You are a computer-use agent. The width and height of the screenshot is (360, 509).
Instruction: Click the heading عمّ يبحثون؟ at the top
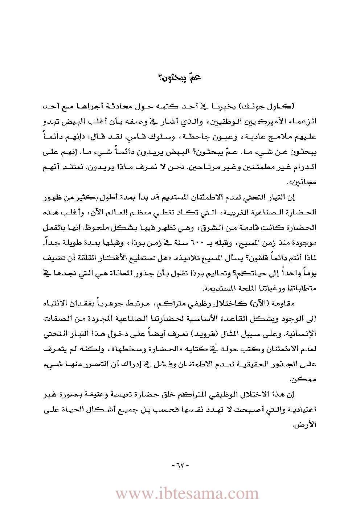tap(180, 77)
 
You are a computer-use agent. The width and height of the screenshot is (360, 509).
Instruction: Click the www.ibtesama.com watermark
tap(187, 494)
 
